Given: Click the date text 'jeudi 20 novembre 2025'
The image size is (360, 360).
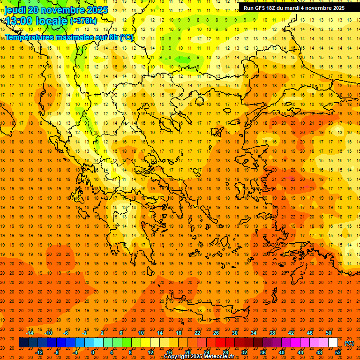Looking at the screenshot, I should coord(56,10).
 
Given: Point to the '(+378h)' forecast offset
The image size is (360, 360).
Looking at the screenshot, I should coord(84,21).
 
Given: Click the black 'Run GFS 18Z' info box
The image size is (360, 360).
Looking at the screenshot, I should coord(294,7).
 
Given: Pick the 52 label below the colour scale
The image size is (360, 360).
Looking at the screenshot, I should coord(337,352).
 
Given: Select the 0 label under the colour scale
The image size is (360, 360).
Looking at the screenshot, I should coord(93,352).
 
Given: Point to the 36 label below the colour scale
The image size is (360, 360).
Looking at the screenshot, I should coord(262,352).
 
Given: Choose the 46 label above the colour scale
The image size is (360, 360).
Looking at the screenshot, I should coord(309,333).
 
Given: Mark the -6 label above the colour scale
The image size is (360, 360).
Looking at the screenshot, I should coord(66,333).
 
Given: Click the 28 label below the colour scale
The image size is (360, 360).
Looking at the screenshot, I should coord(225,352).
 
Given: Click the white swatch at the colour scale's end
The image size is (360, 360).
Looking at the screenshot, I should coord(333,343).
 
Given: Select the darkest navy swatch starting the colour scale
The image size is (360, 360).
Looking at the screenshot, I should coord(23,343).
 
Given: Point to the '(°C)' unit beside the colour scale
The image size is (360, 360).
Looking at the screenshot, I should coord(349,343).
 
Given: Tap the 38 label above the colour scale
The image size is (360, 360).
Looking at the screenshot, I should coord(272,333).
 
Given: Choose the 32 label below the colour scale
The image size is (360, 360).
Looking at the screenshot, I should coord(244,352).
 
